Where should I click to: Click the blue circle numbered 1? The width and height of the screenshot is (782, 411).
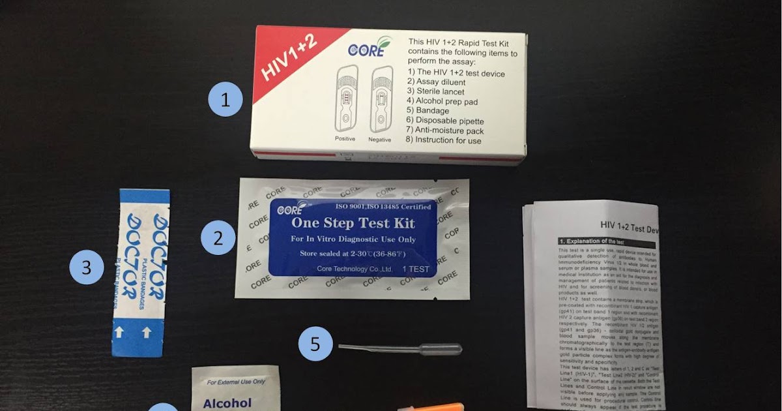pos(225,100)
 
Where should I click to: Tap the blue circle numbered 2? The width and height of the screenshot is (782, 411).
pos(217,238)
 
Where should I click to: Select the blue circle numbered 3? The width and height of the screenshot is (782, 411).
pos(87,267)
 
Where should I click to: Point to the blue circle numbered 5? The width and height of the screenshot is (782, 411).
pos(315,344)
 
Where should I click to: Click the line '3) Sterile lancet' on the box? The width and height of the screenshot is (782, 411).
pos(437,92)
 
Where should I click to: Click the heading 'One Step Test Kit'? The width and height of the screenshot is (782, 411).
pos(352,224)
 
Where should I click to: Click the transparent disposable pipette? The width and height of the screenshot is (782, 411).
pos(400,350)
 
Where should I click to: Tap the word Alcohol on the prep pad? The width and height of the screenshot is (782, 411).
pos(227,403)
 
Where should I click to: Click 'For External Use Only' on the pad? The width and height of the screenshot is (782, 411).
pos(236,381)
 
